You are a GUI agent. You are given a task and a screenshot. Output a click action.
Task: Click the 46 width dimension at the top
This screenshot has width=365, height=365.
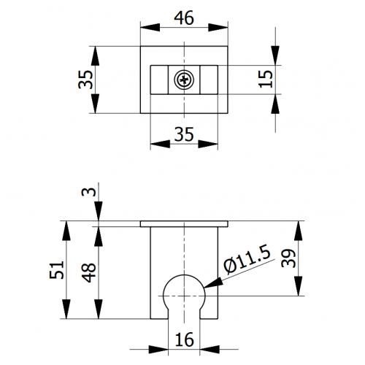click(x=184, y=18)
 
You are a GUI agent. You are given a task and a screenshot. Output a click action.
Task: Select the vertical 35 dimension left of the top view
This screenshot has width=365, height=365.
click(x=85, y=80)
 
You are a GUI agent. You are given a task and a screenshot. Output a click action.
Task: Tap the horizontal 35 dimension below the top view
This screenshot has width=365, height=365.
click(x=184, y=134)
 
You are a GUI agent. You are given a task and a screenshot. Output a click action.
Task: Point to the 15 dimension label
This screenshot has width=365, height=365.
click(x=266, y=79)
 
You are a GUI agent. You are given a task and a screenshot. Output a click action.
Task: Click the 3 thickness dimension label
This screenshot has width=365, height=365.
click(x=88, y=192)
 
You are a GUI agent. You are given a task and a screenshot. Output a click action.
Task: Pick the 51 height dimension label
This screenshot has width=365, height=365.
click(x=57, y=269)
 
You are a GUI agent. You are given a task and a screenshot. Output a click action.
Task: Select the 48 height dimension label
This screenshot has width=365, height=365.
click(x=88, y=272)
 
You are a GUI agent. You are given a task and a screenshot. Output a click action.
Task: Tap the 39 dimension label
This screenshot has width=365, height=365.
click(x=288, y=258)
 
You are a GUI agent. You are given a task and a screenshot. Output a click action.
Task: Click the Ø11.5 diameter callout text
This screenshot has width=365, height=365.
click(x=247, y=259)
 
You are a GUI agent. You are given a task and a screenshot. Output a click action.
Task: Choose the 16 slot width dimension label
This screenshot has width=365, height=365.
click(x=184, y=339)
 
